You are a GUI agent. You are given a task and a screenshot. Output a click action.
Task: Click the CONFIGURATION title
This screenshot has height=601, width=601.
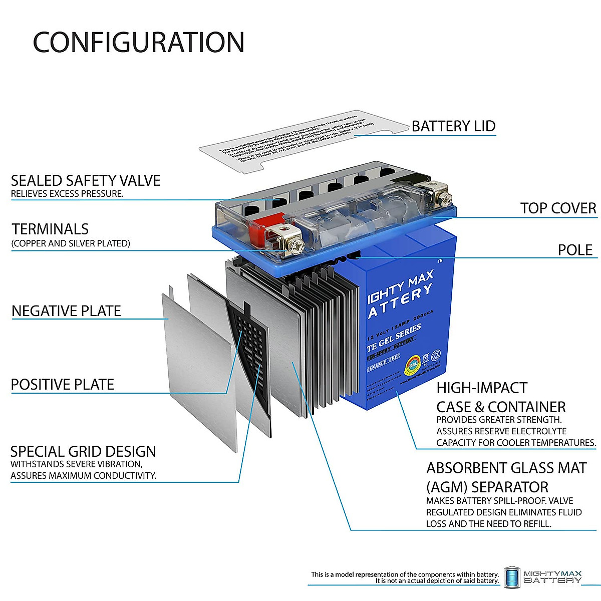[x=138, y=42]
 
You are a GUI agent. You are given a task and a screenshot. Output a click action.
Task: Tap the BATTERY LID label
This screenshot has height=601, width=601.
[x=453, y=126]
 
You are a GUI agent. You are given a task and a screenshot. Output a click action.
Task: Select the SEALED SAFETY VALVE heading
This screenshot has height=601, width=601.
[x=86, y=180]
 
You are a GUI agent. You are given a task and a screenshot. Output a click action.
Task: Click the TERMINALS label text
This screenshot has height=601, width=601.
[x=50, y=229]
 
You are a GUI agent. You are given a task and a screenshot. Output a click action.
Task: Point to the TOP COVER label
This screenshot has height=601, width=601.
[x=558, y=208]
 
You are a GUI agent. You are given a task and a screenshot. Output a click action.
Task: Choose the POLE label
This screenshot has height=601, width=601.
[x=575, y=250]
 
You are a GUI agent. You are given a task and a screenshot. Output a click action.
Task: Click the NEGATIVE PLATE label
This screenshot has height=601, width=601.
[x=66, y=311]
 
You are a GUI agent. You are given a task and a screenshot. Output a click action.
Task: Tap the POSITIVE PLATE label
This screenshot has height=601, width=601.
[x=63, y=385]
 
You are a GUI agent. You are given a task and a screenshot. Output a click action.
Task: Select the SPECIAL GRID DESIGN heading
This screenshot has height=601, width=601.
[x=83, y=451]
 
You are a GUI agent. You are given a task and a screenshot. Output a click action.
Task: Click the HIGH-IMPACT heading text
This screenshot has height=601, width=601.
[x=482, y=388]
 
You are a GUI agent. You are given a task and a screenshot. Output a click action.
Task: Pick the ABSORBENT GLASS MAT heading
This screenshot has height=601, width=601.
[x=506, y=468]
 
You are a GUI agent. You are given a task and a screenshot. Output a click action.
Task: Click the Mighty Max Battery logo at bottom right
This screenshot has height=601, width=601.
[x=543, y=577]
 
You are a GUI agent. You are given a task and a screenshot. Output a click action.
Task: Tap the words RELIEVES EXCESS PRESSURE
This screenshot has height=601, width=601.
[x=67, y=194]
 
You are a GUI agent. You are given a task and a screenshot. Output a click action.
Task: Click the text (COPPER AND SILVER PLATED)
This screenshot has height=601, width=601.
[x=71, y=243]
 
